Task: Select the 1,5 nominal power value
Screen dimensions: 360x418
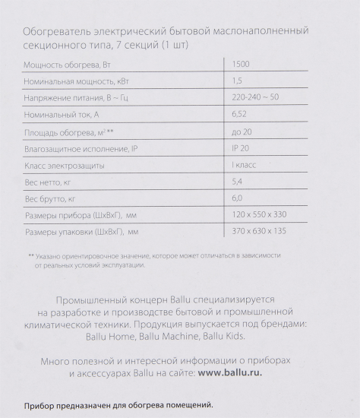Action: coord(237,81)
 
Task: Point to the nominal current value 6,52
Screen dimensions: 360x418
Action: coord(239,114)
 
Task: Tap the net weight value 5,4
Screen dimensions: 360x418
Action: coord(238,181)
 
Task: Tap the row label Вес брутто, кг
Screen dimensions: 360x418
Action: coord(51,198)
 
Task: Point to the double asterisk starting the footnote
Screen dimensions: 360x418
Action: coord(31,256)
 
